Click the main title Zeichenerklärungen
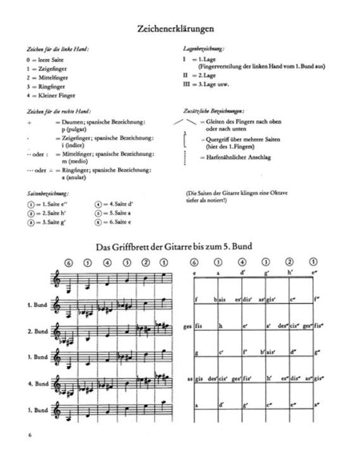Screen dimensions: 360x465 (179, 30)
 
